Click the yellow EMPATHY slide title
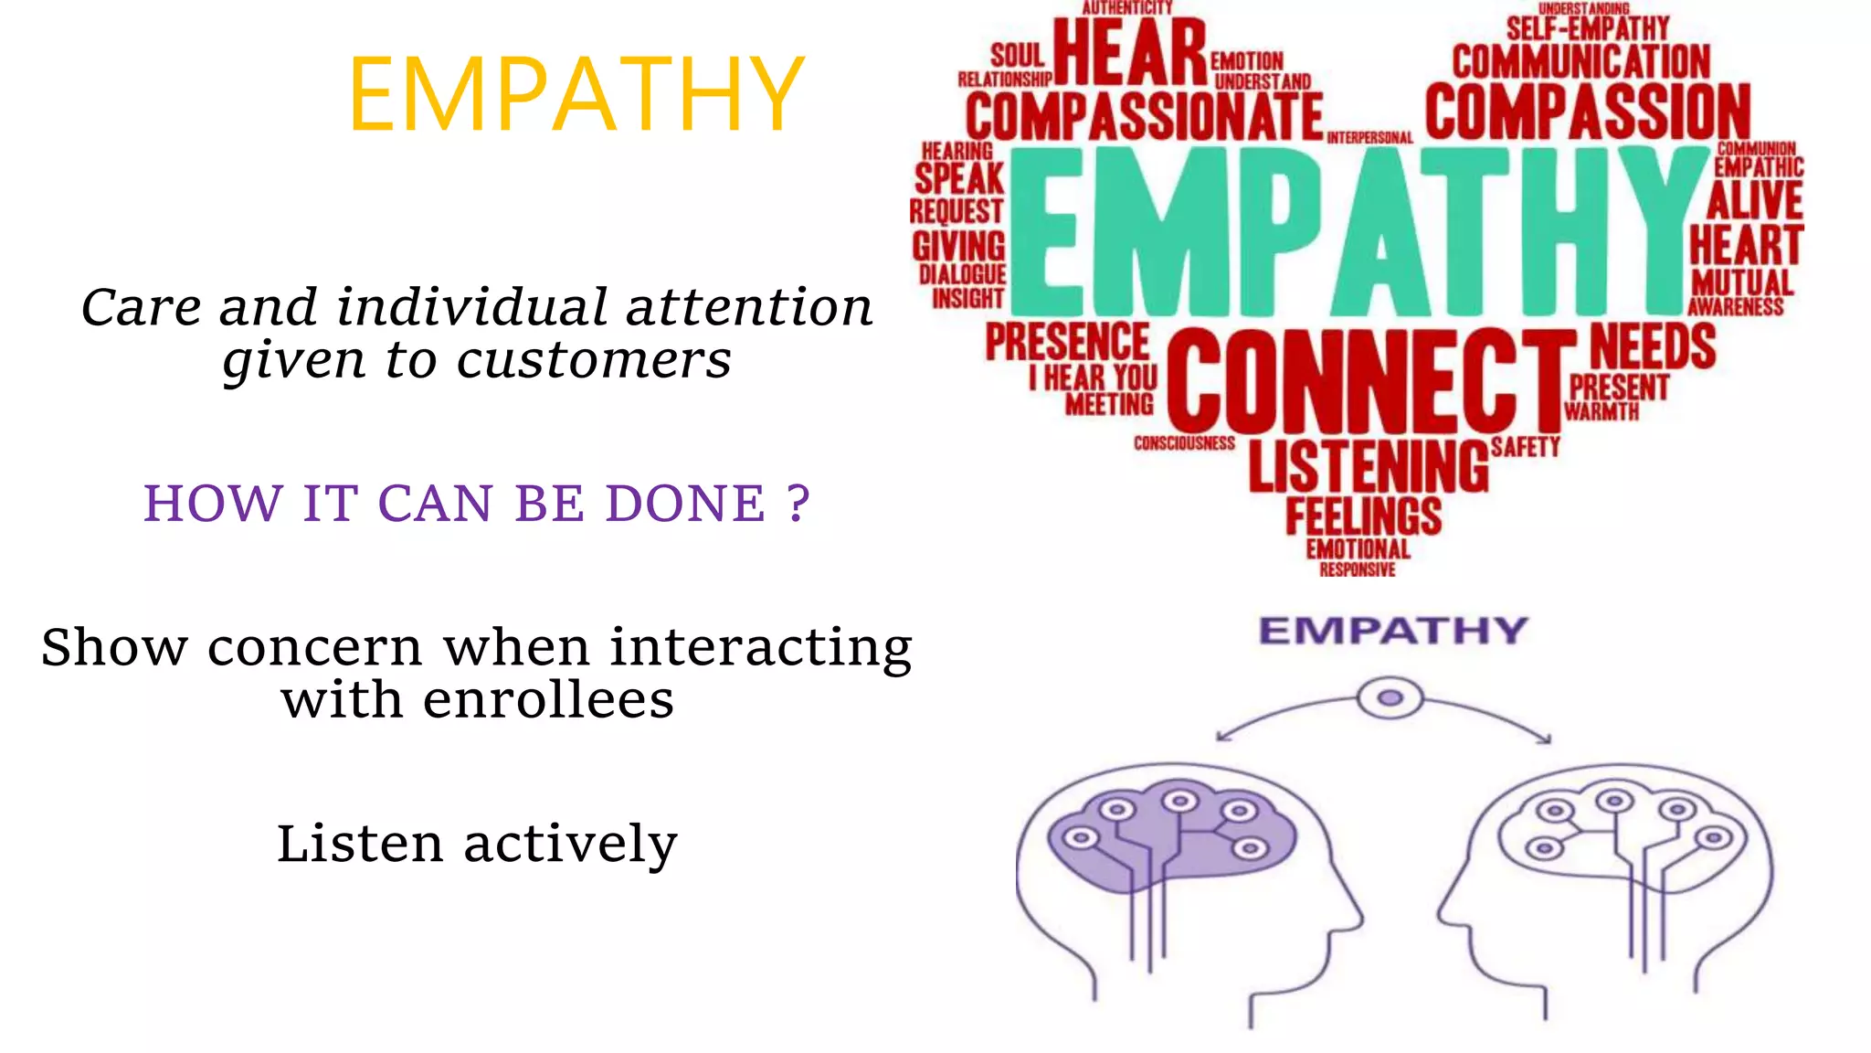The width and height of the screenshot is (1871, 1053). (576, 95)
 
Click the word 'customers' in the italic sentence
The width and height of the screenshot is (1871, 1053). (594, 360)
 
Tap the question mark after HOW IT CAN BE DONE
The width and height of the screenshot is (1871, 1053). (798, 503)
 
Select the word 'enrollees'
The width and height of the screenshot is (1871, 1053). (547, 701)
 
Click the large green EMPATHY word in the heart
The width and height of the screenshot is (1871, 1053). (1357, 230)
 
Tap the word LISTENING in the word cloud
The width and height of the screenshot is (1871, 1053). (1368, 466)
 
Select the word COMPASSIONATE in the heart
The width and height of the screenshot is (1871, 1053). (1144, 117)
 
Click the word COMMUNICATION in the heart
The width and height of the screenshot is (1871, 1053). (1580, 62)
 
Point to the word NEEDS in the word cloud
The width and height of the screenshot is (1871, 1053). (1653, 346)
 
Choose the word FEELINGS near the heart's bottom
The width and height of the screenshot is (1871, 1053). (1363, 516)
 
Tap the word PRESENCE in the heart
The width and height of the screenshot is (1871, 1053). (1067, 342)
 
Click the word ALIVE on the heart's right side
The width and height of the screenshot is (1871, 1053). (1754, 200)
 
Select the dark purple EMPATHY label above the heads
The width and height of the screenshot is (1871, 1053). (1392, 631)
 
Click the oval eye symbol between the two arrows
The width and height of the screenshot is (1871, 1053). (1390, 698)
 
